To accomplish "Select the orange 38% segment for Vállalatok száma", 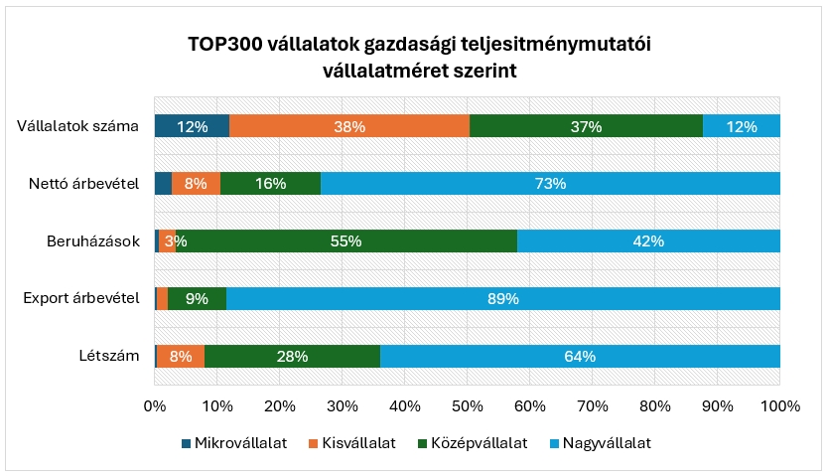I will click(349, 126).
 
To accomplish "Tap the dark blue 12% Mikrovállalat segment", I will click(192, 126).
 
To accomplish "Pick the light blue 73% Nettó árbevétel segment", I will click(550, 183).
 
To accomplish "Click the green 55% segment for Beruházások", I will click(346, 240).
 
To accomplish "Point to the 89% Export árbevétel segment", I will click(503, 298).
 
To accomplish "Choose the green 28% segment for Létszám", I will click(292, 356).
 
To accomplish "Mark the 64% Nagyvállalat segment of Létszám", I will click(580, 356).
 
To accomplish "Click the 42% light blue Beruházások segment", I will click(648, 240).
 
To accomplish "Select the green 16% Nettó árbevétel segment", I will click(270, 183).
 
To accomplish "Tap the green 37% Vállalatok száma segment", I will click(586, 126).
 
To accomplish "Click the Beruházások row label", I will click(93, 241).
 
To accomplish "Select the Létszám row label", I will click(108, 356).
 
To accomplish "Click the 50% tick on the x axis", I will click(468, 405).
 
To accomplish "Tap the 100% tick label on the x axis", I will click(779, 405).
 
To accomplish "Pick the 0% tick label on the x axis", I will click(155, 405).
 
